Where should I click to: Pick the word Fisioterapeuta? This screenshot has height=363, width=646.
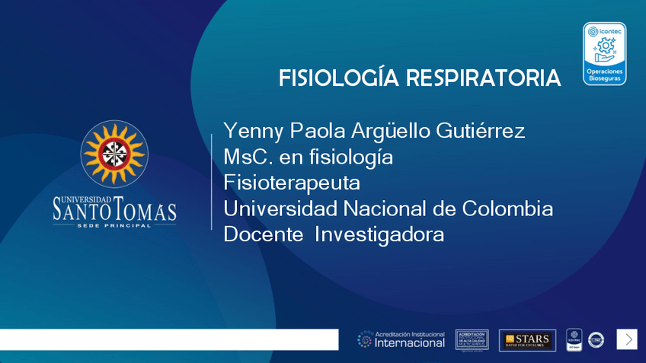tap(292, 183)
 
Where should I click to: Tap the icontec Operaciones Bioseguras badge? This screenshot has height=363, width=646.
tap(604, 53)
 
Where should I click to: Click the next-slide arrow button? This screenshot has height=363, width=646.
tap(627, 339)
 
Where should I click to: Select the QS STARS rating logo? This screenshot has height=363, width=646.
tap(527, 339)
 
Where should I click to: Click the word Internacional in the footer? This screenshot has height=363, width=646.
tap(410, 343)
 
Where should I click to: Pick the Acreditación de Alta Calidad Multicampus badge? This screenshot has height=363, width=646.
tap(472, 339)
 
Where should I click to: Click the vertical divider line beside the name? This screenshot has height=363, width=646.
tap(211, 181)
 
